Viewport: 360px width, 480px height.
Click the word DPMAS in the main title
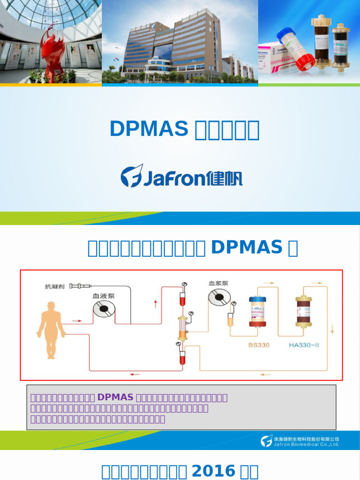coord(149,129)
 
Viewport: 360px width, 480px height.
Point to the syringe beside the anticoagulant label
coord(81,285)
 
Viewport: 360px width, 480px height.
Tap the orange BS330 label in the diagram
coord(258,345)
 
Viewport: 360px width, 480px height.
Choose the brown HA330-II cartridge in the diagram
coord(304,312)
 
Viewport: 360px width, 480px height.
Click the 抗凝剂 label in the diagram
coord(55,286)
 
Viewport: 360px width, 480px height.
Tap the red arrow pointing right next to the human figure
coord(76,321)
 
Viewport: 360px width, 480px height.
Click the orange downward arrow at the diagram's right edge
coord(332,329)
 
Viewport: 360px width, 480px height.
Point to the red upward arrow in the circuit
coord(155,304)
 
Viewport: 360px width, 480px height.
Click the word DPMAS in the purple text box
coord(115,397)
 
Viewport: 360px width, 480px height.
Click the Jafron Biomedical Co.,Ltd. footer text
coord(306,444)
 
